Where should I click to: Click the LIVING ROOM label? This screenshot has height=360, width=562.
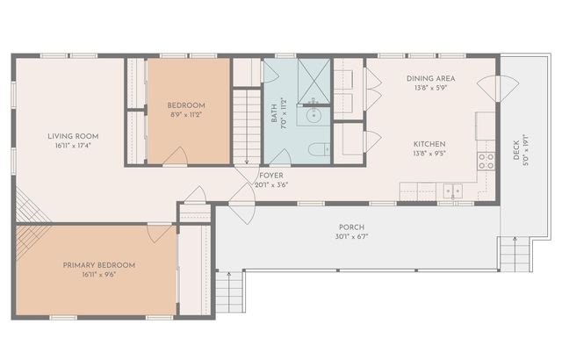73,136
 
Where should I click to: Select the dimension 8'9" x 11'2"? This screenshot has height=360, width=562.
186,114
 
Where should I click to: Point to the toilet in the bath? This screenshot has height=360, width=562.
319,150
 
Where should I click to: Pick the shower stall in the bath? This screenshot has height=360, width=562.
313,79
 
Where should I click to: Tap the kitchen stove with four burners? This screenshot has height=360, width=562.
485,161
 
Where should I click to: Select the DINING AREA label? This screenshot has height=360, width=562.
429,78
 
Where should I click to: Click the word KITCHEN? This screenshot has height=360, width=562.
429,143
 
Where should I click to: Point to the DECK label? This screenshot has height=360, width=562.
516,155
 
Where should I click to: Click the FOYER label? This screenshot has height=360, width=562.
271,176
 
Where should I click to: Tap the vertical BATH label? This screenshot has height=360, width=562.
274,112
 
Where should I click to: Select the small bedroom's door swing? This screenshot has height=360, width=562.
176,156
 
